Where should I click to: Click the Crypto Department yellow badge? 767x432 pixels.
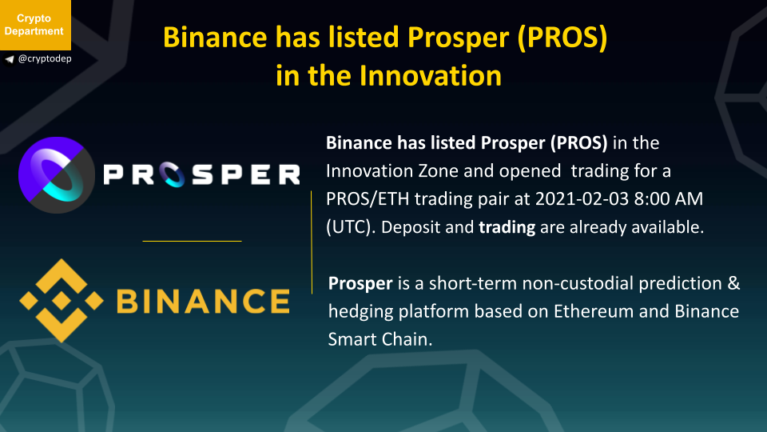click(x=35, y=25)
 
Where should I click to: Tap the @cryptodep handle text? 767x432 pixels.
click(x=45, y=58)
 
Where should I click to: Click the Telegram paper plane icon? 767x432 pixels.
click(x=10, y=59)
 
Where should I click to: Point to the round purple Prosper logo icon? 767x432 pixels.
click(x=56, y=175)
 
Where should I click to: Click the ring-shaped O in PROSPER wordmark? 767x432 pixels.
click(x=173, y=175)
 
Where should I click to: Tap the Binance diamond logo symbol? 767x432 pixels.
click(x=62, y=300)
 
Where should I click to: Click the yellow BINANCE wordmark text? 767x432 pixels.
click(x=204, y=301)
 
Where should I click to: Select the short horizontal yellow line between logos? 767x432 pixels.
click(x=192, y=241)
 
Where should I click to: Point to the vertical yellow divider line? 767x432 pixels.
click(x=312, y=242)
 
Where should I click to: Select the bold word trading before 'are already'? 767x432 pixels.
click(x=507, y=227)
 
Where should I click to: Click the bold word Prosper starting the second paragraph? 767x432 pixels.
click(x=360, y=283)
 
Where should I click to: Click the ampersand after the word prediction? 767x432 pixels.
click(x=733, y=283)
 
